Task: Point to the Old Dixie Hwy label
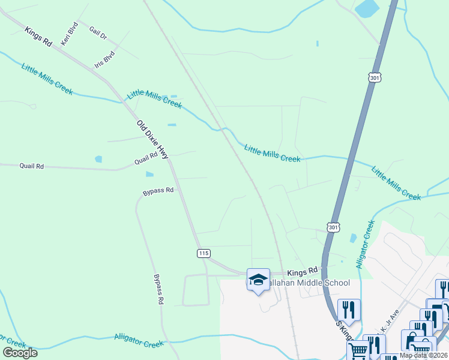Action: [x=153, y=140]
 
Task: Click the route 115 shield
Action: [x=203, y=254]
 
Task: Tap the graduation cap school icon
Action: [x=258, y=280]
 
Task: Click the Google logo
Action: [x=20, y=353]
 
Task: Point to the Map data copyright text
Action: [x=423, y=355]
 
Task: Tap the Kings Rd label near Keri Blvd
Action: [x=38, y=36]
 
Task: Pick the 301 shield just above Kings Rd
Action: [x=334, y=227]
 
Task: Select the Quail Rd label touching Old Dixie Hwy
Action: [x=146, y=158]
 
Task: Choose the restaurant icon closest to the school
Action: [x=349, y=309]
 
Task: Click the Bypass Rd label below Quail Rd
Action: [x=158, y=191]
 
